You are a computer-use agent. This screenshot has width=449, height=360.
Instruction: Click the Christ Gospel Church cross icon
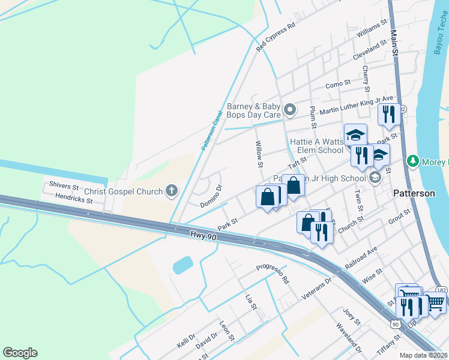[x=172, y=191]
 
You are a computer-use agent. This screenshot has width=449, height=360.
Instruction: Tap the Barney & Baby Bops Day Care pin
[x=291, y=109]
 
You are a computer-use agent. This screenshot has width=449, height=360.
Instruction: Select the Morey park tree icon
[x=412, y=161]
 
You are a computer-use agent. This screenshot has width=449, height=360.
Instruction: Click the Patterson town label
[x=414, y=194]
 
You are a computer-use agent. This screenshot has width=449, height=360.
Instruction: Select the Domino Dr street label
[x=211, y=196]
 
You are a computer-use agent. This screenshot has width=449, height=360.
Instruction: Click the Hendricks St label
[x=73, y=197]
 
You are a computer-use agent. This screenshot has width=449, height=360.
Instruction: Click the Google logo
[x=20, y=353]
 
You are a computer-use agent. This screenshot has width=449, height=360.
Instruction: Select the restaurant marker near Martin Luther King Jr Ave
[x=389, y=113]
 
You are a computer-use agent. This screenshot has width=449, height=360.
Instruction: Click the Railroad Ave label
[x=361, y=257]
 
